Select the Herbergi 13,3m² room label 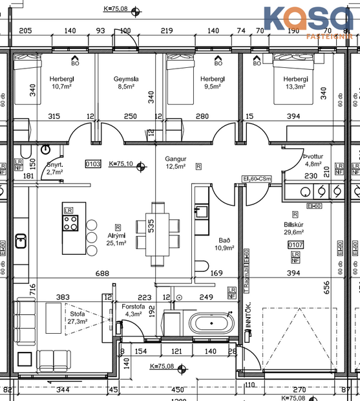coord(295,83)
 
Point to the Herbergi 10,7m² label coord(63,82)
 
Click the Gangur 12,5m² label coord(175,162)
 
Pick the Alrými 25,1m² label coord(116,239)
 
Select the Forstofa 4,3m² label coord(133,310)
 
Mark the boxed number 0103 coord(93,164)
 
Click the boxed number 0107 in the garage coord(295,244)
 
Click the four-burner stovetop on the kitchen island coord(70,224)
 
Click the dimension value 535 coord(151,226)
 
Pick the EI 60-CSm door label coord(257,179)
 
